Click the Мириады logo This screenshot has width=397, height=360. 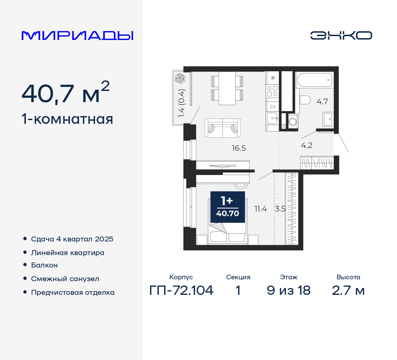click(x=78, y=36)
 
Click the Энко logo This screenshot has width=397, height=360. click(x=341, y=35)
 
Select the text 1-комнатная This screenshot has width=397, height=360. click(x=67, y=119)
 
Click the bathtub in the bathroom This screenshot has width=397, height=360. click(x=314, y=80)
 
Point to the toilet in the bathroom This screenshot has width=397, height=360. click(x=305, y=100)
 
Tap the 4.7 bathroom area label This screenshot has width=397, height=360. click(x=322, y=101)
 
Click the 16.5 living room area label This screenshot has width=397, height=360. click(x=239, y=148)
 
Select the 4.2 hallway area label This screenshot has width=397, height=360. click(x=307, y=145)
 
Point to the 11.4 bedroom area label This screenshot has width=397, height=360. click(x=261, y=209)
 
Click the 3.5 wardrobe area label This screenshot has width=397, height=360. click(x=280, y=209)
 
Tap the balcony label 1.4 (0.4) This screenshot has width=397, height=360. click(x=181, y=103)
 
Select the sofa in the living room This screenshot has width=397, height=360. click(x=222, y=128)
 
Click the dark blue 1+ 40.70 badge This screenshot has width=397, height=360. click(x=228, y=207)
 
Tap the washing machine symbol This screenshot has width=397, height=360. click(x=292, y=122)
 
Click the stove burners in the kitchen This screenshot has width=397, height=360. click(x=273, y=91)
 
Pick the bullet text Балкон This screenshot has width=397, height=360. click(x=44, y=265)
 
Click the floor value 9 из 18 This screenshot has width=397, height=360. click(x=288, y=290)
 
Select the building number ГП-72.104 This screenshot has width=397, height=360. click(x=181, y=290)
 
